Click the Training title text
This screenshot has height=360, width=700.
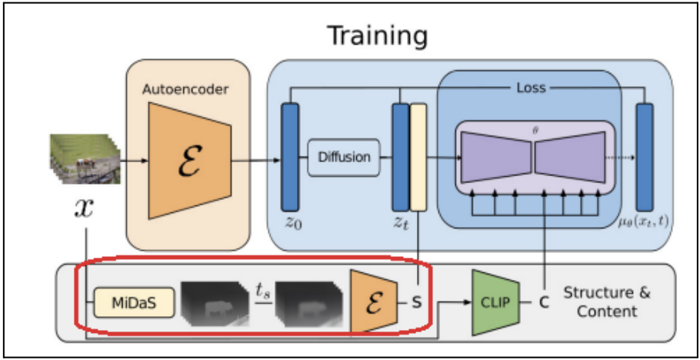377,35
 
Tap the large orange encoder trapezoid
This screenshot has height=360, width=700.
188,160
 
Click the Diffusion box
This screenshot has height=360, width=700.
343,157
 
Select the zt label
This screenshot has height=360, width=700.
399,225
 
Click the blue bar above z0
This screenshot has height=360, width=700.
291,157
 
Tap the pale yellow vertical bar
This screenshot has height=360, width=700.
418,157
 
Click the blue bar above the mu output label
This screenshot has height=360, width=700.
644,157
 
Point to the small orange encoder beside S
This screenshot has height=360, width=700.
372,302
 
